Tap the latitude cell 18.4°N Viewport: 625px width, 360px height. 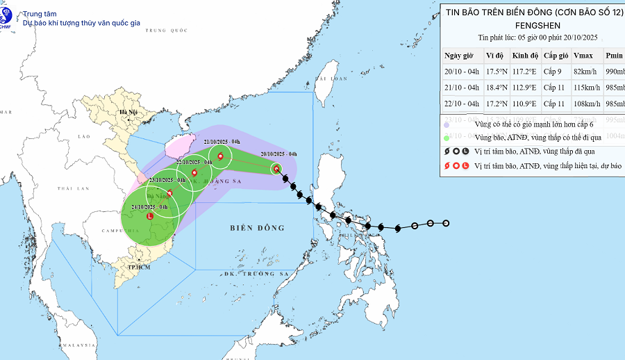[497, 88]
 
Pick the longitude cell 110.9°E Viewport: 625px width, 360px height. [524, 104]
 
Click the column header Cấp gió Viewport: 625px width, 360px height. [556, 56]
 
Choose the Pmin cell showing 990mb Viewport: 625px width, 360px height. [615, 71]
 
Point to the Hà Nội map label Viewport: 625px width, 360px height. [128, 112]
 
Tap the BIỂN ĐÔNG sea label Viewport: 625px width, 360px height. [257, 228]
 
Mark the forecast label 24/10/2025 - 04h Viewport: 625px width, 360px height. [149, 207]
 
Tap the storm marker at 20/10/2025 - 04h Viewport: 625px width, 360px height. [276, 168]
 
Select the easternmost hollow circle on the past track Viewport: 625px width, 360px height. [446, 223]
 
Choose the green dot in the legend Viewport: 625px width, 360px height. [447, 138]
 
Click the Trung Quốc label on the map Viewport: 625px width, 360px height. [167, 31]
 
